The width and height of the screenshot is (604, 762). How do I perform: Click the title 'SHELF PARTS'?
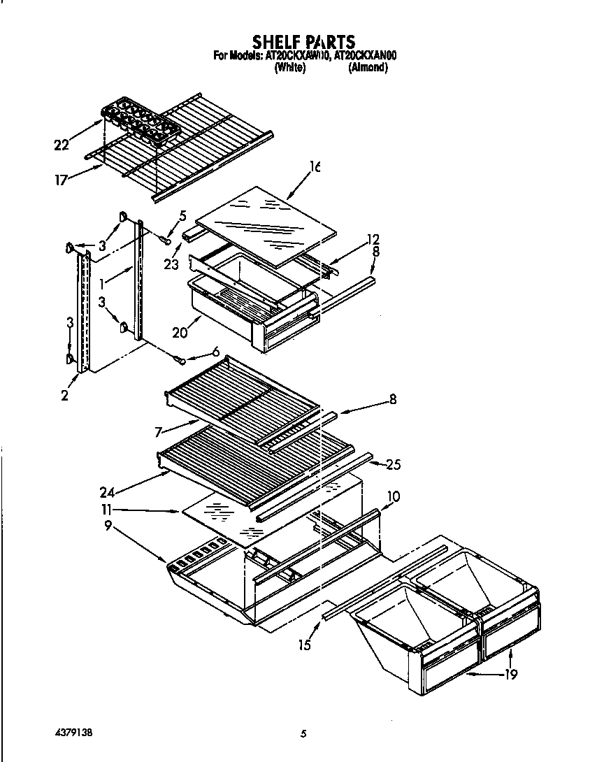303,42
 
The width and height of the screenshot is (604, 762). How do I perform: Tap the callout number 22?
62,145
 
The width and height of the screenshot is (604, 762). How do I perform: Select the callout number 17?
62,180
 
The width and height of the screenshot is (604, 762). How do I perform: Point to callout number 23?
171,264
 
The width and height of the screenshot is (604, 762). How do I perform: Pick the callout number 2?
64,396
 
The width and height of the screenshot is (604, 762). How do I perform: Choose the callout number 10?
393,496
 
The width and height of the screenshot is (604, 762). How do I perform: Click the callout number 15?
304,645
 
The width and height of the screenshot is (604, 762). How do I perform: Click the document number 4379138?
73,733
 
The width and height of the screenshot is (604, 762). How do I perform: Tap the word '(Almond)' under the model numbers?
368,69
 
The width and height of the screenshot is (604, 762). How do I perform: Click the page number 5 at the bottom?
303,734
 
